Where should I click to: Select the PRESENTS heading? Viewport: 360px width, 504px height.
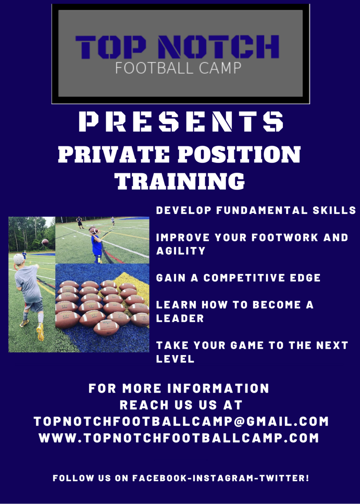click(x=181, y=121)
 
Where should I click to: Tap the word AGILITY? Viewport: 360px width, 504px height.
click(x=181, y=251)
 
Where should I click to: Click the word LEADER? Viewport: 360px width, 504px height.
click(x=180, y=318)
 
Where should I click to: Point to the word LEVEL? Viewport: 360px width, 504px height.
click(x=175, y=359)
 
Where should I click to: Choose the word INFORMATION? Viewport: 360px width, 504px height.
click(x=218, y=388)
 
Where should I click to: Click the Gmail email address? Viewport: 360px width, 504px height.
click(x=181, y=422)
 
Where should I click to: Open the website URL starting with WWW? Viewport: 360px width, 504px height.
click(x=179, y=438)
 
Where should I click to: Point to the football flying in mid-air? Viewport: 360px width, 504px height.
click(x=45, y=242)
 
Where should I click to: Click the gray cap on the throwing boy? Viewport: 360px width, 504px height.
click(x=19, y=259)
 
